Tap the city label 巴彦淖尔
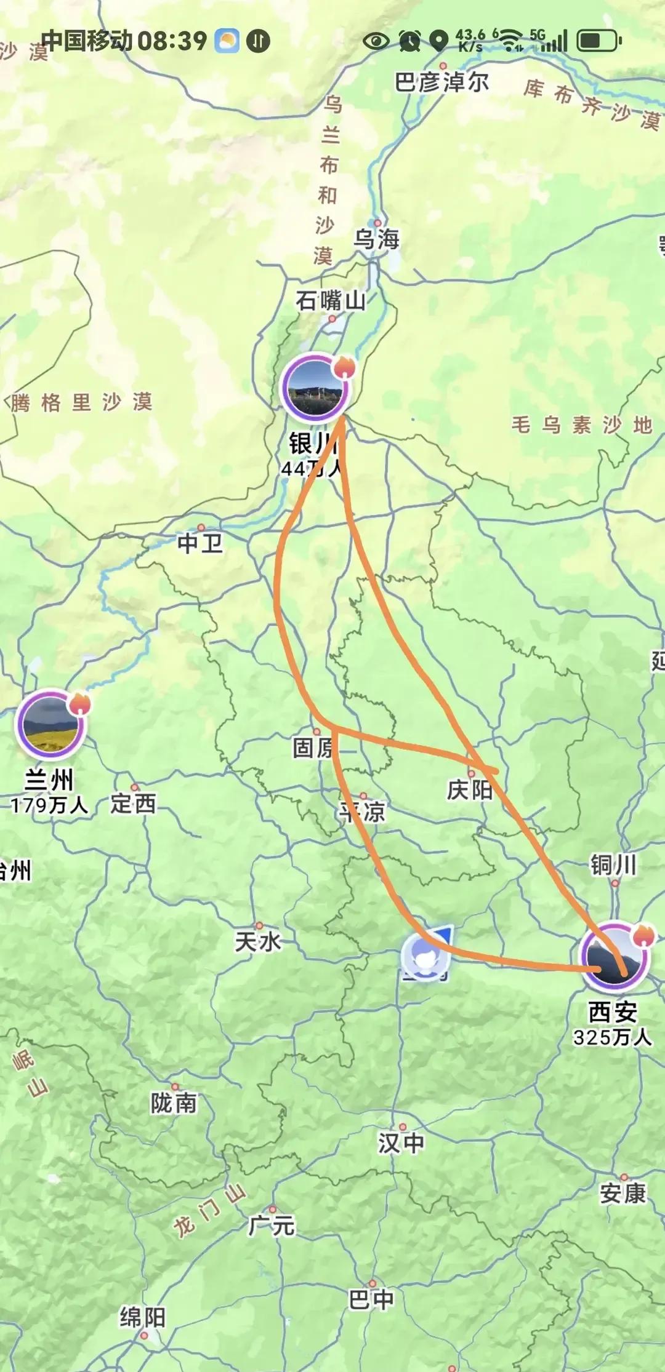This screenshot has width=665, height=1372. click(441, 82)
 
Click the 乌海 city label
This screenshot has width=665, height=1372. click(376, 239)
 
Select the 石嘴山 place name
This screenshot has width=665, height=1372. click(331, 301)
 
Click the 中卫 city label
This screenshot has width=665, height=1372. click(200, 543)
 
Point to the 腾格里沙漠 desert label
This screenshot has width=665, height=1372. click(81, 403)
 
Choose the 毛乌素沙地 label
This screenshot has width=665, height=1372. click(582, 425)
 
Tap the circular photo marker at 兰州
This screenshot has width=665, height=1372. click(50, 724)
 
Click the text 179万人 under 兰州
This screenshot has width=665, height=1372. click(49, 805)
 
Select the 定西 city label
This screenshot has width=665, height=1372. click(134, 804)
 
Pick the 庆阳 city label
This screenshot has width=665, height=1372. click(470, 790)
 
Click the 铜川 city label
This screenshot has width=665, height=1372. click(613, 865)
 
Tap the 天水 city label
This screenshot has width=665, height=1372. click(258, 941)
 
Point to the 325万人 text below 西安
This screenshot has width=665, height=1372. click(613, 1037)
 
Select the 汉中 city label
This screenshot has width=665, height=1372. click(401, 1143)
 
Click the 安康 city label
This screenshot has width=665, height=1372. click(623, 1194)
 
